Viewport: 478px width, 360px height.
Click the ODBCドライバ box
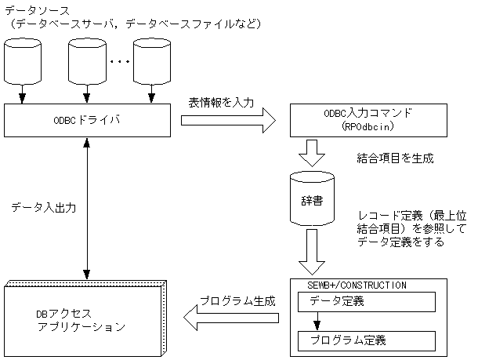pos(89,121)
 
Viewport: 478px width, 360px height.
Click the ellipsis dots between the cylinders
pos(119,60)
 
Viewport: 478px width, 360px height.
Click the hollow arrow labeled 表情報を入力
pos(228,121)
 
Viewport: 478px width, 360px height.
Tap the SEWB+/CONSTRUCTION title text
pos(348,285)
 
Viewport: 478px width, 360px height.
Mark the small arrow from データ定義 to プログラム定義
pos(317,321)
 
